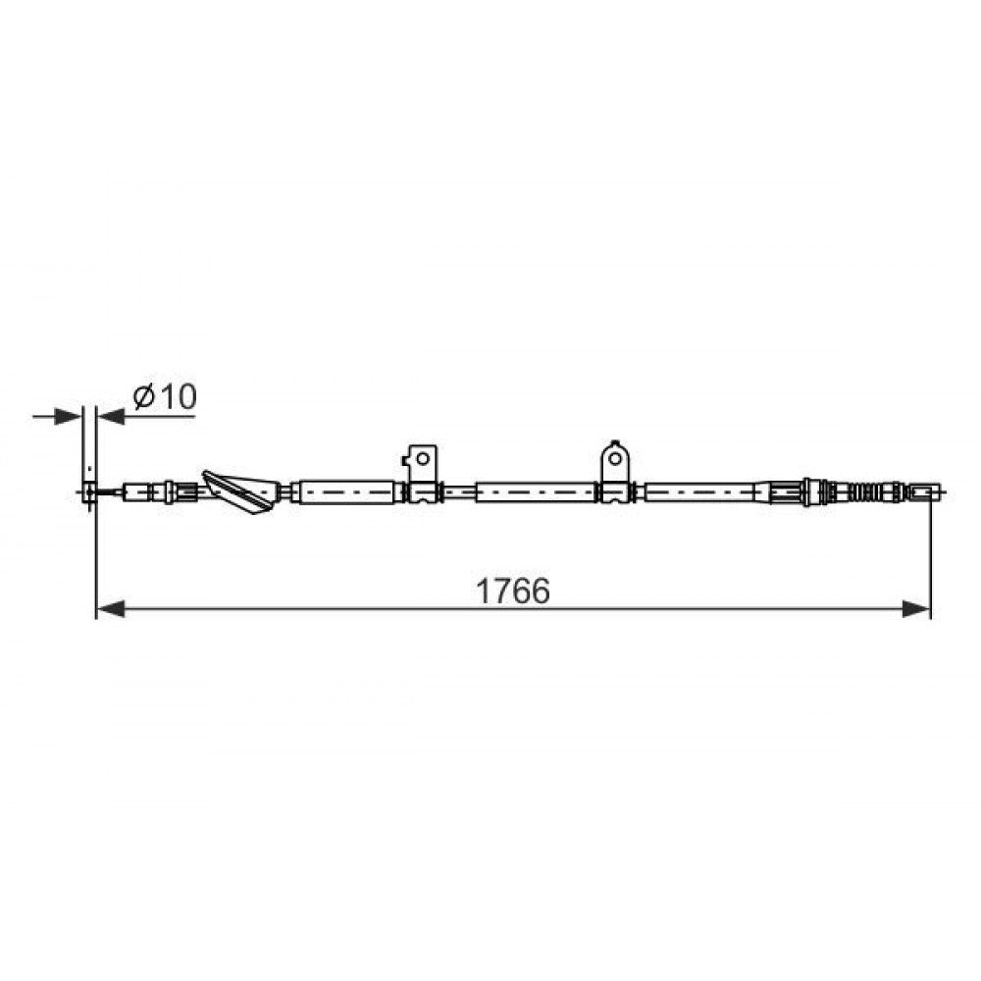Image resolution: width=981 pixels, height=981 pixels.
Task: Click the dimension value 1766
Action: (513, 592)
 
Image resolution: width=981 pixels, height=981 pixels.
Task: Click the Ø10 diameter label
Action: (165, 396)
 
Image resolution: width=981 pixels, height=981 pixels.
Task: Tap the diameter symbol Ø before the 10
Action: (144, 396)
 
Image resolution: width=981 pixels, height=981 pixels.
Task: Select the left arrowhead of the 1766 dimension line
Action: (111, 608)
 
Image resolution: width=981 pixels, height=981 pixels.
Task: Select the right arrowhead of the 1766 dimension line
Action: (916, 608)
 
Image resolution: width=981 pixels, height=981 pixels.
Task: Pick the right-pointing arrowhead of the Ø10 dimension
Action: (69, 416)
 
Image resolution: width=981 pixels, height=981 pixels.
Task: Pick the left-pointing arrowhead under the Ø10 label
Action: (111, 416)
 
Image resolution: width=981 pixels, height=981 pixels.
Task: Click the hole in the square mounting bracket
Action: (422, 459)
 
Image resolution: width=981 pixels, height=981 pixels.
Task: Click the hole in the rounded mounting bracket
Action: (615, 458)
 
